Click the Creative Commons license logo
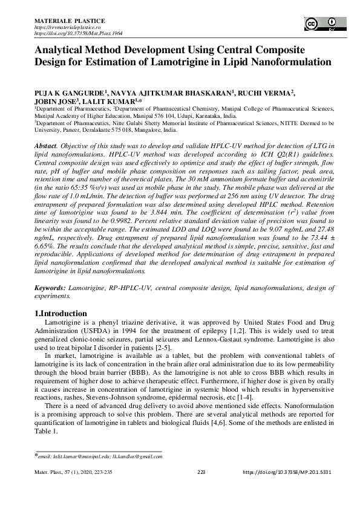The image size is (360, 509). pyautogui.click(x=321, y=24)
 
